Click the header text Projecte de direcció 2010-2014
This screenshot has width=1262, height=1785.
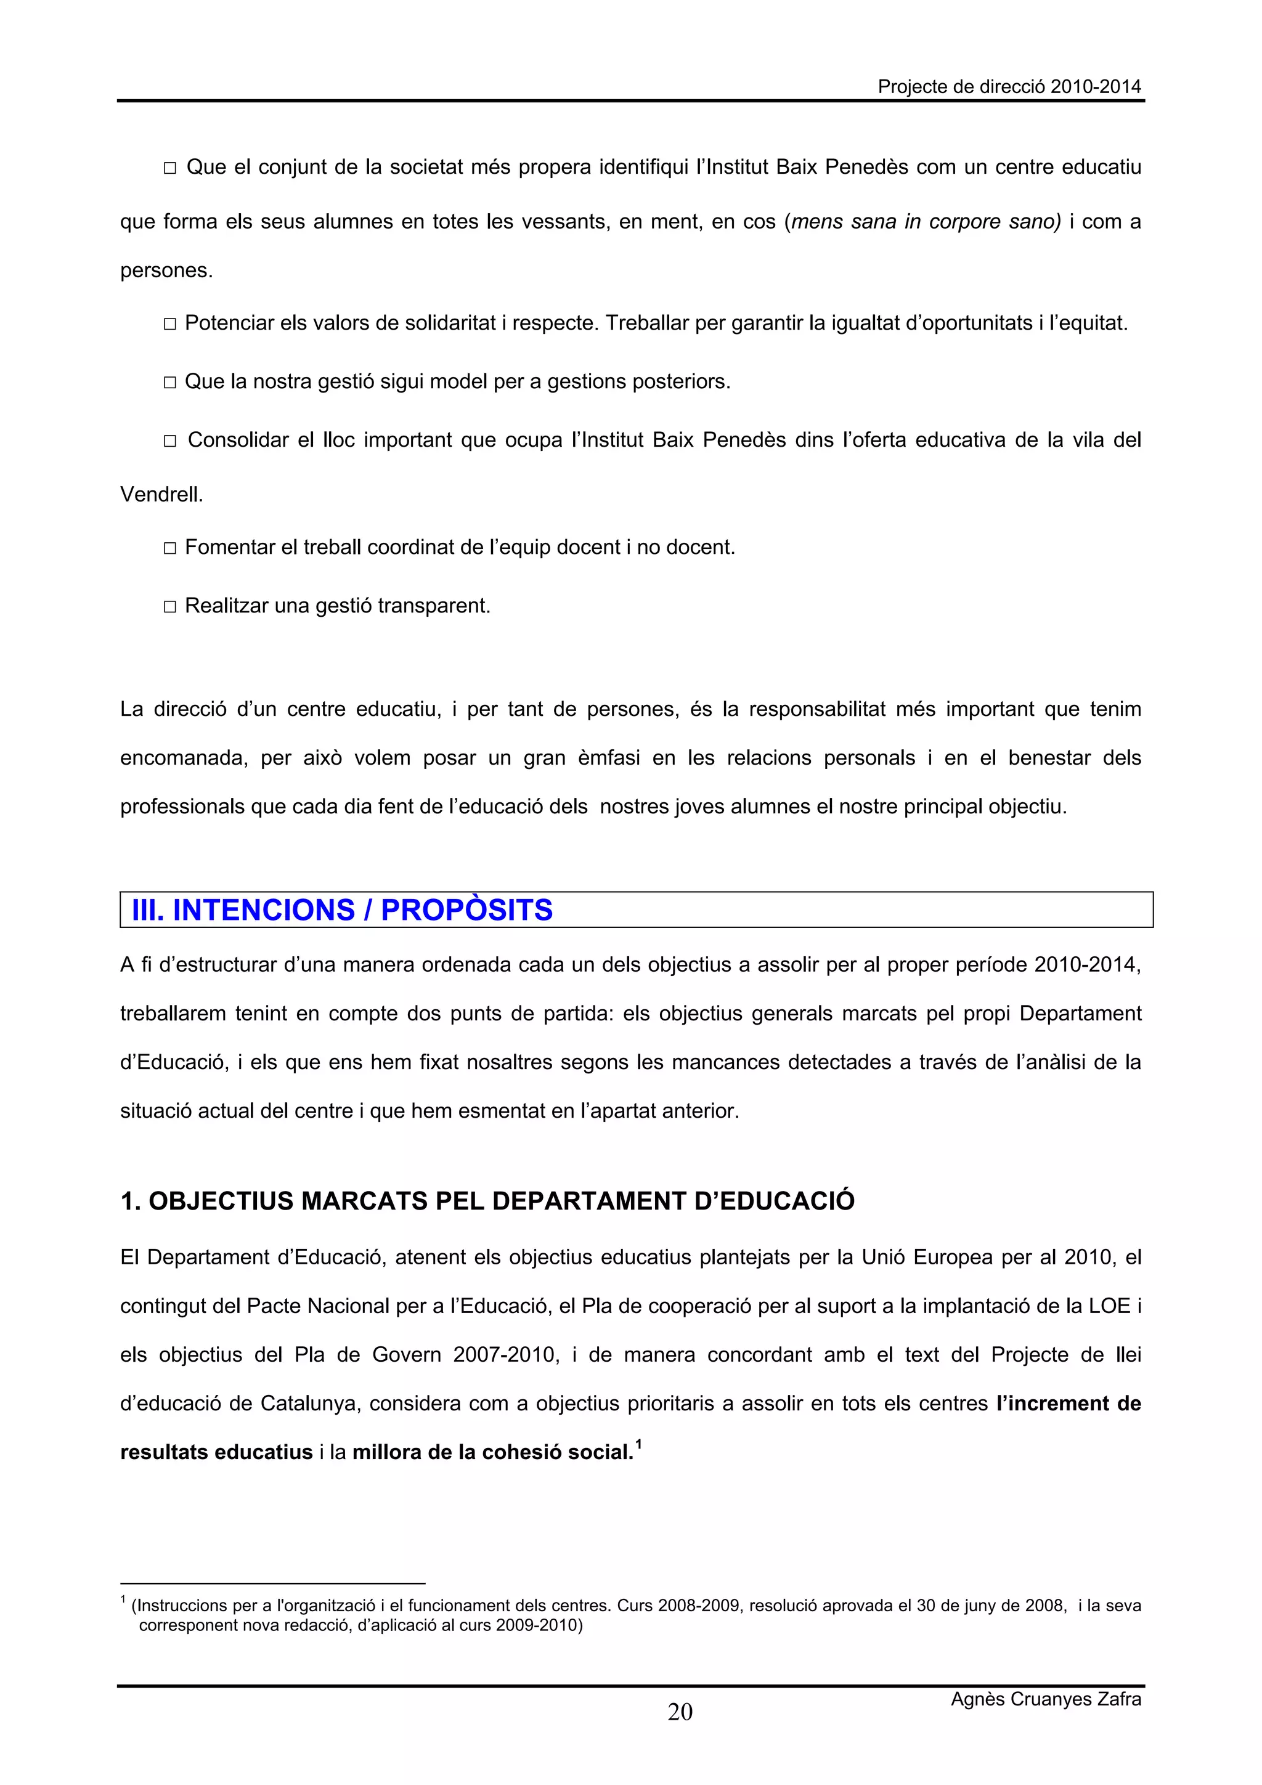coord(1009,87)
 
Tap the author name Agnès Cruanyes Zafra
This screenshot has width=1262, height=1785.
coord(1045,1699)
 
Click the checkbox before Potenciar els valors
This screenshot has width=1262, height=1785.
coord(170,324)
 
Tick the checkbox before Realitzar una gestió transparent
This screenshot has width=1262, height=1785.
coord(170,607)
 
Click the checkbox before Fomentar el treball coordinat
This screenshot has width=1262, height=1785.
coord(170,549)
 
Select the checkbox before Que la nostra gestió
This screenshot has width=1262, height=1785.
coord(170,383)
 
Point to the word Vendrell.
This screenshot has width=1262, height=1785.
coord(161,494)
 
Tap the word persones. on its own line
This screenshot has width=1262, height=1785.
coord(166,271)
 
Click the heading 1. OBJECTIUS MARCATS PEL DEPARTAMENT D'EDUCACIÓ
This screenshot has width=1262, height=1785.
coord(487,1201)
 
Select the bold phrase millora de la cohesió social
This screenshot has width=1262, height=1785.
coord(493,1452)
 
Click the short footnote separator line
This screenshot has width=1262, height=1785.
coord(272,1583)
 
